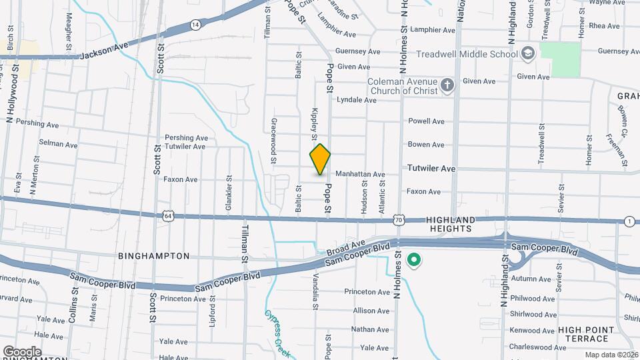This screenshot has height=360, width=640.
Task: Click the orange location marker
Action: point(320,159)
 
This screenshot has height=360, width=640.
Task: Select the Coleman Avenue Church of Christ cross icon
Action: point(447,85)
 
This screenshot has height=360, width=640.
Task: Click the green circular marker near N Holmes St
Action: point(414,260)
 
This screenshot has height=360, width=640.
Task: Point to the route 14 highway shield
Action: point(195,25)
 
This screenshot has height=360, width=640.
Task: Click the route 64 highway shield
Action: point(168,216)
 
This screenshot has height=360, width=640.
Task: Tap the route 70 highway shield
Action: point(398,219)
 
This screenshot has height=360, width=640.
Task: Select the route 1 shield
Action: point(629,221)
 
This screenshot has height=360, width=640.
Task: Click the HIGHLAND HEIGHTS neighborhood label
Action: point(451,224)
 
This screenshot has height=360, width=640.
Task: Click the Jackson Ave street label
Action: point(103,55)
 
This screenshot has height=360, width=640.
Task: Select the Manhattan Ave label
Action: point(360,175)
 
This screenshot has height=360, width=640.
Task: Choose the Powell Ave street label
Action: point(426,121)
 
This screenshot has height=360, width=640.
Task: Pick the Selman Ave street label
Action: point(59,143)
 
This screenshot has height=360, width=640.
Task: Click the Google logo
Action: point(22,351)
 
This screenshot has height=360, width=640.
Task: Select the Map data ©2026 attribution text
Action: point(611,355)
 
